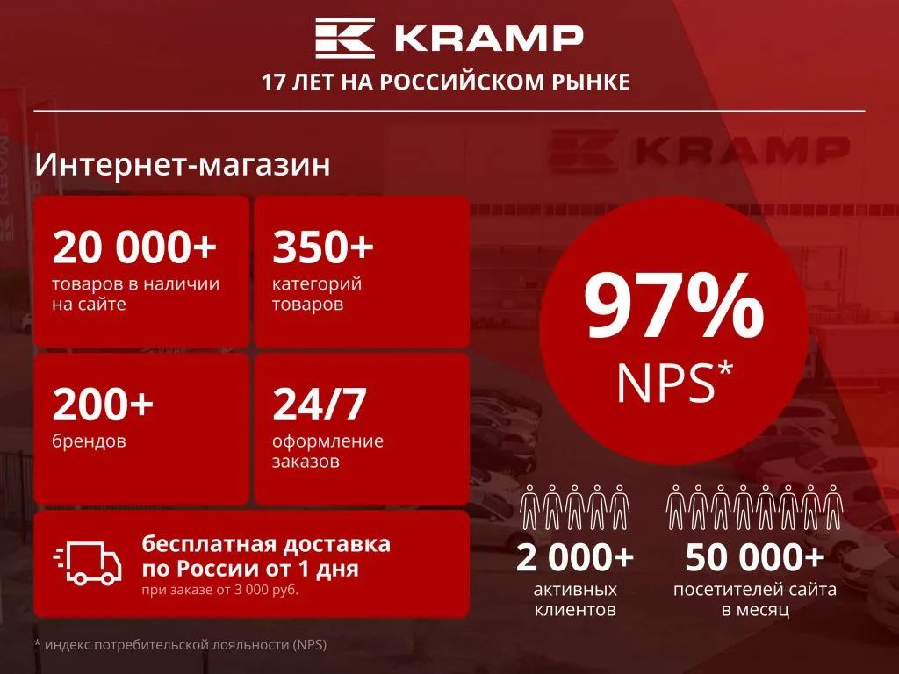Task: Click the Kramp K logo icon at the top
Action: click(x=346, y=39)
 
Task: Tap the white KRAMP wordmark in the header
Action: click(x=487, y=39)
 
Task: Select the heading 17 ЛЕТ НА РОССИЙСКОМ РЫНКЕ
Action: click(x=446, y=82)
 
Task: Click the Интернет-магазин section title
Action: click(x=183, y=164)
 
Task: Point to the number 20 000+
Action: click(x=134, y=247)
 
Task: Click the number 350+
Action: click(x=323, y=247)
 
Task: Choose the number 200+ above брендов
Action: click(x=103, y=405)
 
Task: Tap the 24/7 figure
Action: click(x=319, y=405)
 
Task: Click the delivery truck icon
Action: click(x=87, y=563)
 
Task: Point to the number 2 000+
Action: click(x=575, y=556)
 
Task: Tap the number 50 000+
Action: click(x=755, y=556)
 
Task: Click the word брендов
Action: click(x=89, y=441)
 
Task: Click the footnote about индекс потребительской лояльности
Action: click(x=180, y=645)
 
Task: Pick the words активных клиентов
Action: click(x=575, y=599)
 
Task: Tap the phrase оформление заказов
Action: click(x=327, y=451)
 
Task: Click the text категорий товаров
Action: click(x=317, y=294)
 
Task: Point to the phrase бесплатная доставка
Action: click(x=266, y=544)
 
